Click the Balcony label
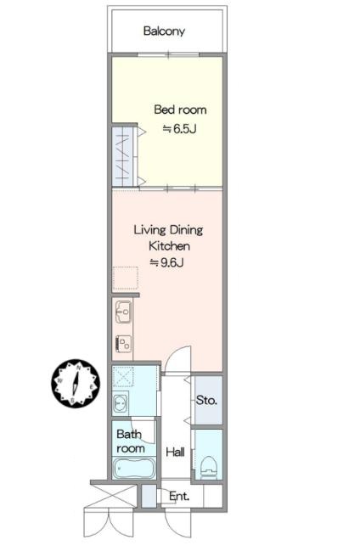164,31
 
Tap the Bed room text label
180,110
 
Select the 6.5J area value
179,129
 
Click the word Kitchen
170,246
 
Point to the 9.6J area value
166,262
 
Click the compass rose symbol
76,384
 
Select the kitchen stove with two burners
123,343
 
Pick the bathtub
133,468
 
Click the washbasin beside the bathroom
121,403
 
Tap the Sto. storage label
206,400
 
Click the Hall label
175,452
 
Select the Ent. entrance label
179,496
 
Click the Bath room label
130,441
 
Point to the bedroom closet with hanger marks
123,156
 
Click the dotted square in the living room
125,278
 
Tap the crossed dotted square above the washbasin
123,377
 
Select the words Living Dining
168,230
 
